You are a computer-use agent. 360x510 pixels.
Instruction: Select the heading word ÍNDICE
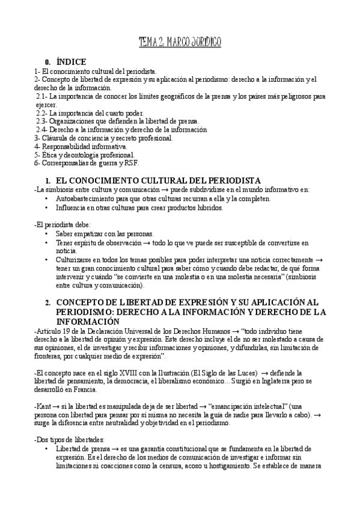(71, 61)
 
